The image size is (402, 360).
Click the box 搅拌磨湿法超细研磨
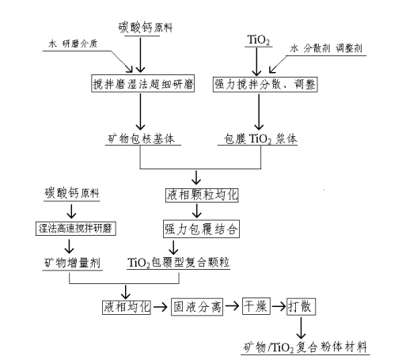(140, 83)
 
